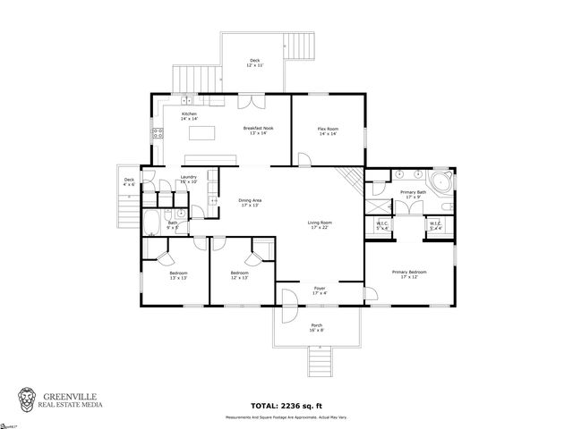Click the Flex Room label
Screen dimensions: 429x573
click(328, 131)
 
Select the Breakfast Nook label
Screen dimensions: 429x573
click(259, 131)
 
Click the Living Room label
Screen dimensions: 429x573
click(321, 224)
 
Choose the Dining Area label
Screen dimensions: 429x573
click(250, 202)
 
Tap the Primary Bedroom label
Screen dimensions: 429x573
click(408, 274)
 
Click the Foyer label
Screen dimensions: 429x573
click(319, 290)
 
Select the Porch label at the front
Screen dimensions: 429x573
click(316, 327)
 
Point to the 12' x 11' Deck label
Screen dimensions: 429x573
click(255, 64)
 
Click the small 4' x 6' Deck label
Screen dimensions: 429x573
click(129, 182)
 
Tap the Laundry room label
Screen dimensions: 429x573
click(188, 180)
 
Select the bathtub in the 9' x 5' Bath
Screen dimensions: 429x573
click(151, 221)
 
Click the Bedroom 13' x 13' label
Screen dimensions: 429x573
click(178, 275)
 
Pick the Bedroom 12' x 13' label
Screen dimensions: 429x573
click(238, 275)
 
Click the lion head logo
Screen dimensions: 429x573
click(29, 398)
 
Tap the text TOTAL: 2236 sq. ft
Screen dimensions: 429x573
click(286, 405)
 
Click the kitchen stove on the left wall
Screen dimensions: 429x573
click(158, 134)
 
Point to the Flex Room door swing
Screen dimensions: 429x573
click(305, 160)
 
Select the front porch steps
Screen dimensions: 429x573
click(317, 362)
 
